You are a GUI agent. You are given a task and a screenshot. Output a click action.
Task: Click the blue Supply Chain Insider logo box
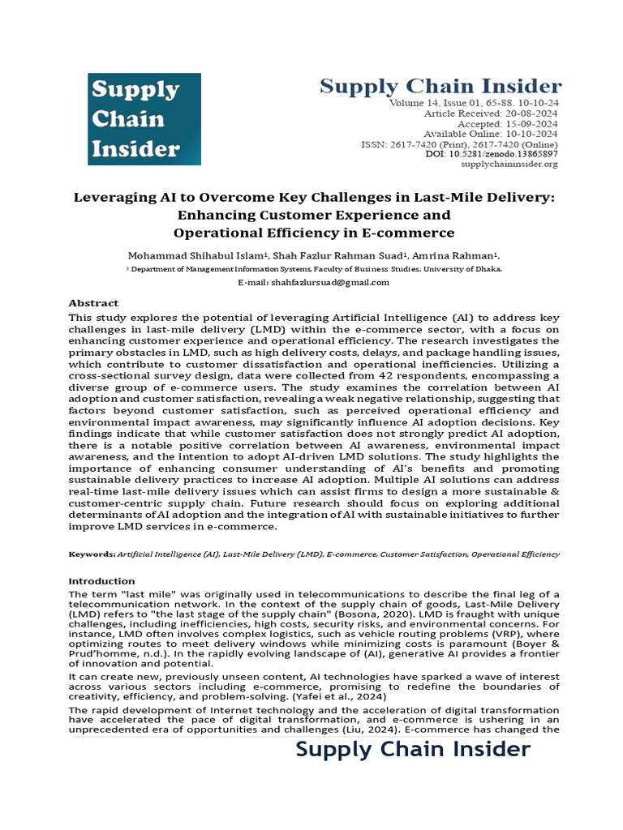(144, 118)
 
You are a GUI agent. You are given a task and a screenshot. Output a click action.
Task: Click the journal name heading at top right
(440, 86)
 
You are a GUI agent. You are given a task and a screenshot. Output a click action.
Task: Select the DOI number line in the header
(492, 153)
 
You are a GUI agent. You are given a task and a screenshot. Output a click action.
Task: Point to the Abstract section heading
(93, 302)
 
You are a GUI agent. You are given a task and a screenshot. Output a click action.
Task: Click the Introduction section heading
(101, 581)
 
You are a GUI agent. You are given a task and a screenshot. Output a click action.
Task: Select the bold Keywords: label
(92, 554)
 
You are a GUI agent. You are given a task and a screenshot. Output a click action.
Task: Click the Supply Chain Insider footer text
(413, 749)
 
